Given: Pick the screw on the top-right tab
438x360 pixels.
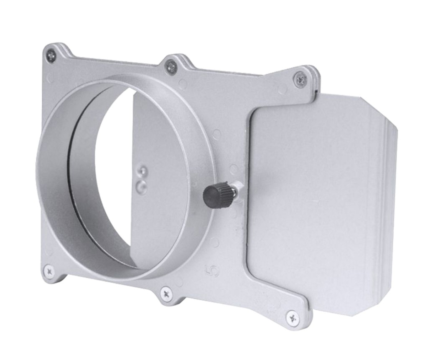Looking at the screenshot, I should (300, 79).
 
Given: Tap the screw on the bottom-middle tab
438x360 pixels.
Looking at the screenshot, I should (166, 294).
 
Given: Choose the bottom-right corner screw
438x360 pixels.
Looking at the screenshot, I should (292, 317).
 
